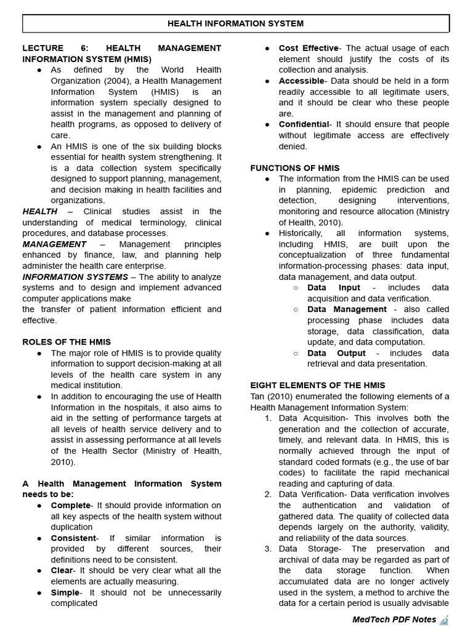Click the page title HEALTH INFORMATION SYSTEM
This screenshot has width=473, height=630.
click(236, 23)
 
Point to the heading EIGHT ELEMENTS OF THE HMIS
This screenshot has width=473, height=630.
click(318, 385)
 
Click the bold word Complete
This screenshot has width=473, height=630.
click(70, 506)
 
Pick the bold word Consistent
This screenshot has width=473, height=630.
click(74, 538)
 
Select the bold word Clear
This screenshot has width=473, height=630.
click(62, 571)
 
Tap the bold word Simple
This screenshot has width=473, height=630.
click(65, 592)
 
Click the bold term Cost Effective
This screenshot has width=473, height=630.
click(309, 48)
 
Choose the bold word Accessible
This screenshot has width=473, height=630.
click(301, 81)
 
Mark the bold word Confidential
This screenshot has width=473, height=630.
click(304, 124)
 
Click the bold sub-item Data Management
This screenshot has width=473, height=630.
click(347, 309)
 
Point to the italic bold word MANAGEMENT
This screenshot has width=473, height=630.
click(54, 244)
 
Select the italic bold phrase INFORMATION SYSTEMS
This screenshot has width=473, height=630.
click(75, 277)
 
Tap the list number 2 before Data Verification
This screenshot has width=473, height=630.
click(268, 495)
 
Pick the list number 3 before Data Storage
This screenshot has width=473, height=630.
click(268, 549)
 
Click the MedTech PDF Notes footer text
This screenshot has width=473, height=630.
click(394, 620)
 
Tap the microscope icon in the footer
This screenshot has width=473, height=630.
click(445, 619)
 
